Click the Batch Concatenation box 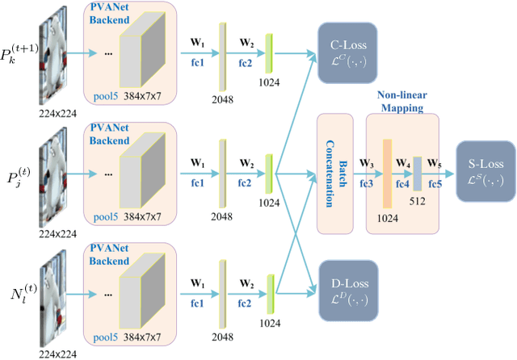coord(334,173)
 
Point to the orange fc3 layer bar coord(387,172)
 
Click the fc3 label coord(367,183)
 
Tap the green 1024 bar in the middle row coord(270,174)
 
